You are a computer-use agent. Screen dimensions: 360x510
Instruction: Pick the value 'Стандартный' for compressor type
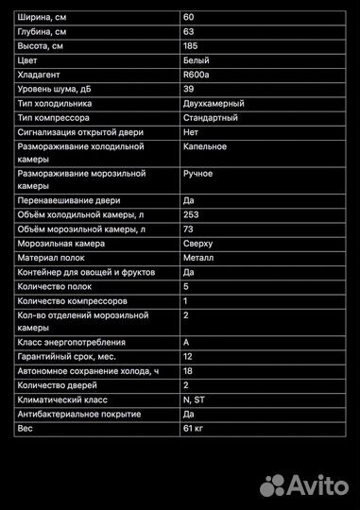(x=211, y=118)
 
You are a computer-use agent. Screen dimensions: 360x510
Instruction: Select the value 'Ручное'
(x=198, y=174)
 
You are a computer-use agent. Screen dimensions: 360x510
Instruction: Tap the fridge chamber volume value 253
(x=191, y=214)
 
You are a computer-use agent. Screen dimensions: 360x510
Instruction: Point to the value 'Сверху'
(x=199, y=243)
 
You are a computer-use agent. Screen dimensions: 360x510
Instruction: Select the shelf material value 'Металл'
(x=198, y=257)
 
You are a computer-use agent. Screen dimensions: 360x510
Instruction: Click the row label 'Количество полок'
(x=56, y=286)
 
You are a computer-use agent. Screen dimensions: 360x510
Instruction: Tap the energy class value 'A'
(x=186, y=342)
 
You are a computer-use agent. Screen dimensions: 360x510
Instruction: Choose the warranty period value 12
(x=188, y=357)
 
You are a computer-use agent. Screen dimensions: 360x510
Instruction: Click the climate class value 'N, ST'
(x=194, y=399)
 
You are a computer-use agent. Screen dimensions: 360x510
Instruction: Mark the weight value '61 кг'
(x=193, y=428)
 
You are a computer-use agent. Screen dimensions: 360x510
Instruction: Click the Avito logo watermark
(x=303, y=485)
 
